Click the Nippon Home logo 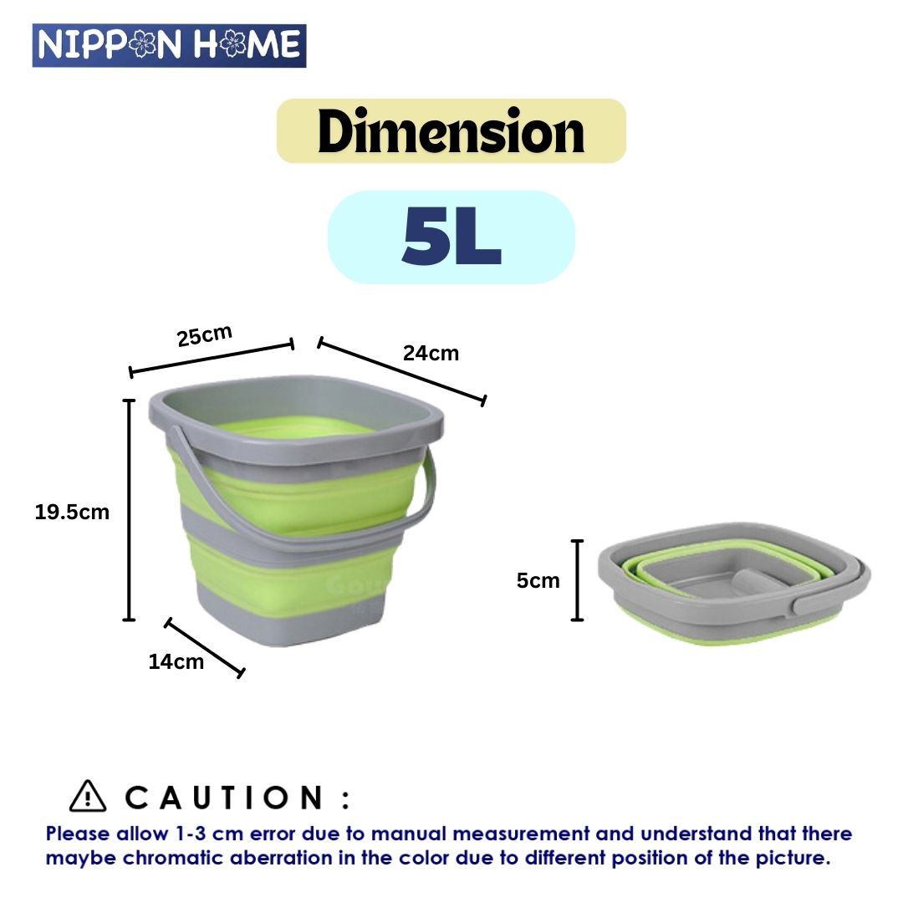tap(170, 45)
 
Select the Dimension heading tap(451, 132)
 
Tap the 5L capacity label tap(451, 237)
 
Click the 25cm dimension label tap(204, 336)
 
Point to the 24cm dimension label tap(431, 353)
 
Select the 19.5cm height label tap(72, 512)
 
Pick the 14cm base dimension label tap(176, 661)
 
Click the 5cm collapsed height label tap(538, 580)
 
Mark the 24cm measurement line tap(401, 371)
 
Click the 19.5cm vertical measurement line tap(129, 510)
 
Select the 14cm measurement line tap(205, 647)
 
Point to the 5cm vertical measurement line tap(577, 580)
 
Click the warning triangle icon tap(88, 796)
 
